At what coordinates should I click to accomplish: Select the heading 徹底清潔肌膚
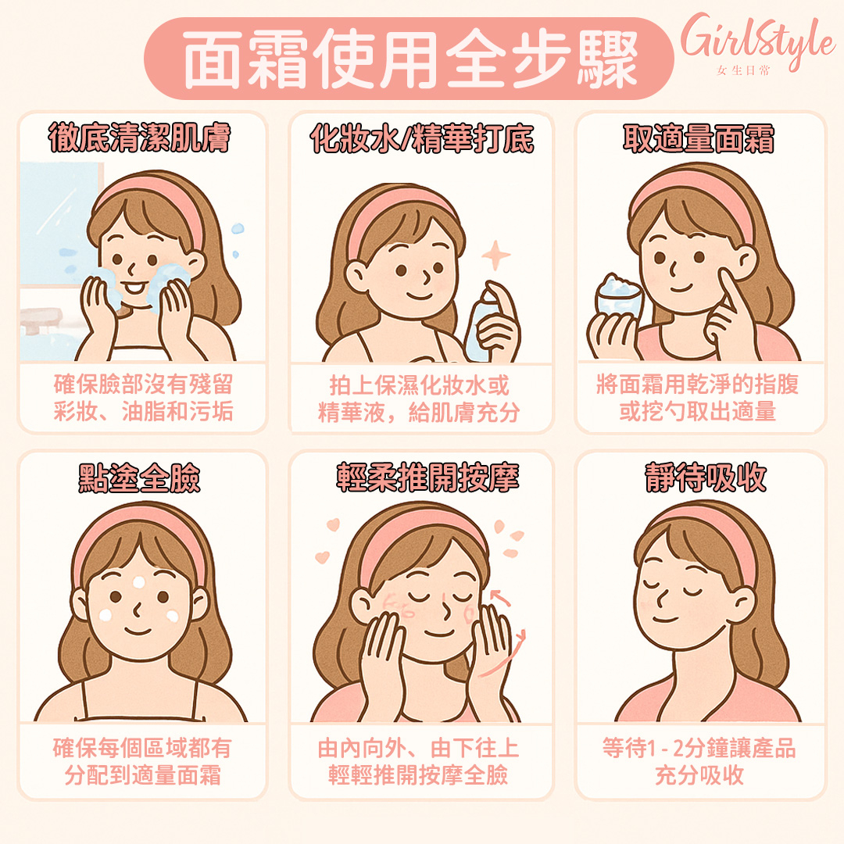139,138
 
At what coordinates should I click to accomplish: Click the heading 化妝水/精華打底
421,138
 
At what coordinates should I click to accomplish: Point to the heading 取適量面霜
699,138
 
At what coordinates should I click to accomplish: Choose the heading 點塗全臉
139,477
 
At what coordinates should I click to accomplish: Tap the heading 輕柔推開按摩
428,477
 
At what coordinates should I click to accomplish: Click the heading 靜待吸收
706,477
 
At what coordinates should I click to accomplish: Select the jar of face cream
619,299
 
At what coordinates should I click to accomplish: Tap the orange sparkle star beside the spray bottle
495,255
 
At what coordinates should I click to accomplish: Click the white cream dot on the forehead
139,582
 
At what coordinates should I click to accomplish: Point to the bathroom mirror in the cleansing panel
59,224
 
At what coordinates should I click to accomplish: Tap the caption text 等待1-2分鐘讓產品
699,748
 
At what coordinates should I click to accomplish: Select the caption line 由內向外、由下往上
418,748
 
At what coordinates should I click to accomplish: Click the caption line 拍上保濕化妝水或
420,384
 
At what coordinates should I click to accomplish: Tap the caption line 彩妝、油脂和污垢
143,411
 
